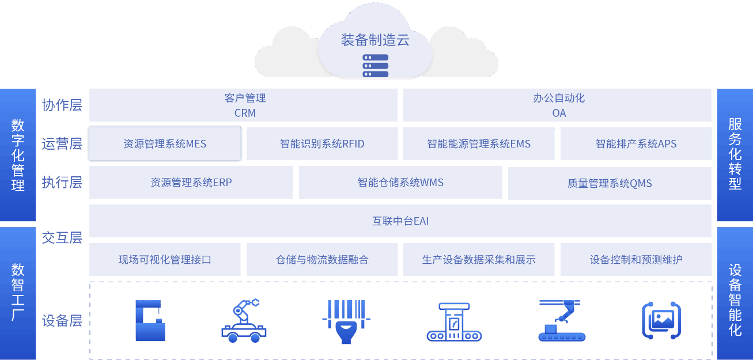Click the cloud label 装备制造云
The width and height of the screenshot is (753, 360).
pyautogui.click(x=375, y=40)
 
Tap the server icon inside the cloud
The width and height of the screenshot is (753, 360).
pyautogui.click(x=375, y=66)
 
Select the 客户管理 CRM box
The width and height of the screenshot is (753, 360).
pyautogui.click(x=244, y=105)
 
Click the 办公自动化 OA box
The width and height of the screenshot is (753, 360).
pyautogui.click(x=558, y=105)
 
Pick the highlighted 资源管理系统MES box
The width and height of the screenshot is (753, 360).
pyautogui.click(x=165, y=143)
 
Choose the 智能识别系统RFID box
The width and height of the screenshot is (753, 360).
pyautogui.click(x=322, y=143)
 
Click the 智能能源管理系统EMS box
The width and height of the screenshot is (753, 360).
pyautogui.click(x=479, y=143)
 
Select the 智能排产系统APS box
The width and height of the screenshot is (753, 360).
pyautogui.click(x=635, y=143)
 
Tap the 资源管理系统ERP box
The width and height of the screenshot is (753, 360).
pyautogui.click(x=191, y=183)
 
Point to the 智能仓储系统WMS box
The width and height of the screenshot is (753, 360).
pyautogui.click(x=400, y=183)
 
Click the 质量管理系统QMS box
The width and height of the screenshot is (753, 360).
pyautogui.click(x=610, y=183)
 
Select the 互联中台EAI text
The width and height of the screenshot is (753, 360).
pyautogui.click(x=400, y=221)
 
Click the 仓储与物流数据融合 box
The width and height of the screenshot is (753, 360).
pyautogui.click(x=322, y=260)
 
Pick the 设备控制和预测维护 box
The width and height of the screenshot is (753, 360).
pyautogui.click(x=635, y=260)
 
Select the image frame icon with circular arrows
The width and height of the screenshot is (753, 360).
pyautogui.click(x=661, y=320)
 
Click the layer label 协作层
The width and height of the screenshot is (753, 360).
pyautogui.click(x=62, y=105)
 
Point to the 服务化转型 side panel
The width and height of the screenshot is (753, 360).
pyautogui.click(x=735, y=154)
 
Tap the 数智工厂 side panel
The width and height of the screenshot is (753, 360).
pyautogui.click(x=18, y=292)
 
